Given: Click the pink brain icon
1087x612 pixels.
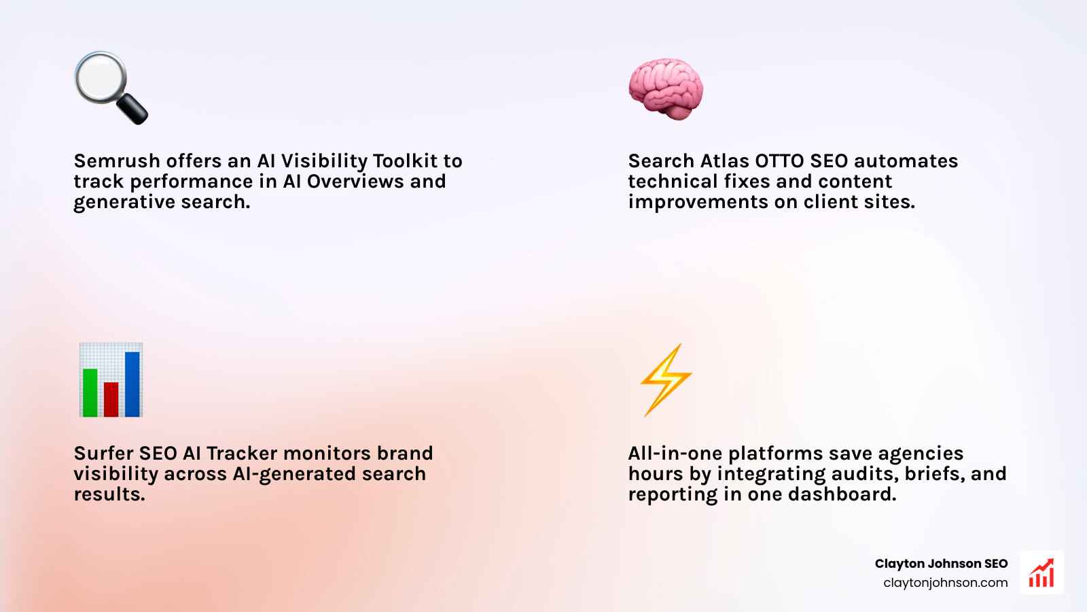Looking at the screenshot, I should coord(665,89).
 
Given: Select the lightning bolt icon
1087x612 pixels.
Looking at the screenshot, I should coord(665,379).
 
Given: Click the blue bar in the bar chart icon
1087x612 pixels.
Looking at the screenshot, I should coord(132,384).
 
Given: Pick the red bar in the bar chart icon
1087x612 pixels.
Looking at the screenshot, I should coord(111,399).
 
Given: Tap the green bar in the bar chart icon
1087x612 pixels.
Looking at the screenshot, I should coord(90,392).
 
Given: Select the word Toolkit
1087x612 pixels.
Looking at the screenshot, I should coord(405,161).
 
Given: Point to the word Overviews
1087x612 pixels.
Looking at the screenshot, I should coord(355,182).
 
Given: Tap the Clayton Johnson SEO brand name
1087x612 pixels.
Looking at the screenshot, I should coord(941,564).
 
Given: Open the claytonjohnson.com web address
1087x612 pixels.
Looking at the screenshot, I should coord(945,583).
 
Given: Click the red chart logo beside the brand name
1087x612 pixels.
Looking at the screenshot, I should coord(1041,573).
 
